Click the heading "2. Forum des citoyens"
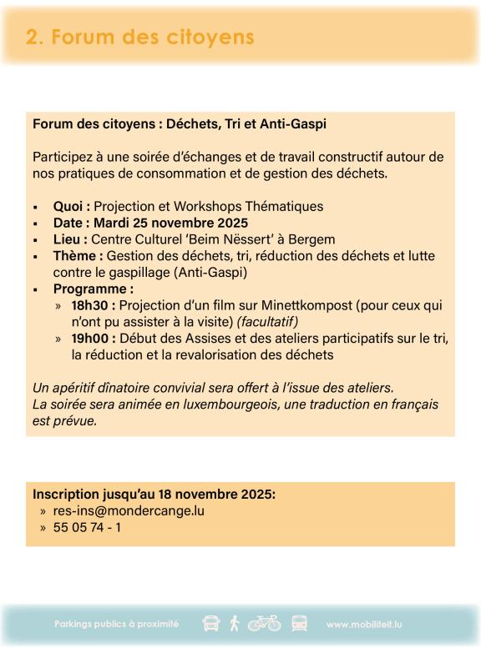pos(139,38)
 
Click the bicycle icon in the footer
pos(264,623)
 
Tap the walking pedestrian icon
pos(235,623)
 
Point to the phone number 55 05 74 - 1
pos(88,528)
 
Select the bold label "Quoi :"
pos(72,206)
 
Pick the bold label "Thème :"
pos(78,256)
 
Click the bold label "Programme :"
pos(93,289)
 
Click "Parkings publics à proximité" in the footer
pos(116,624)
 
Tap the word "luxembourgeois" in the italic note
pos(222,404)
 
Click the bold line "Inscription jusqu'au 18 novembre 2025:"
pos(154,494)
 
